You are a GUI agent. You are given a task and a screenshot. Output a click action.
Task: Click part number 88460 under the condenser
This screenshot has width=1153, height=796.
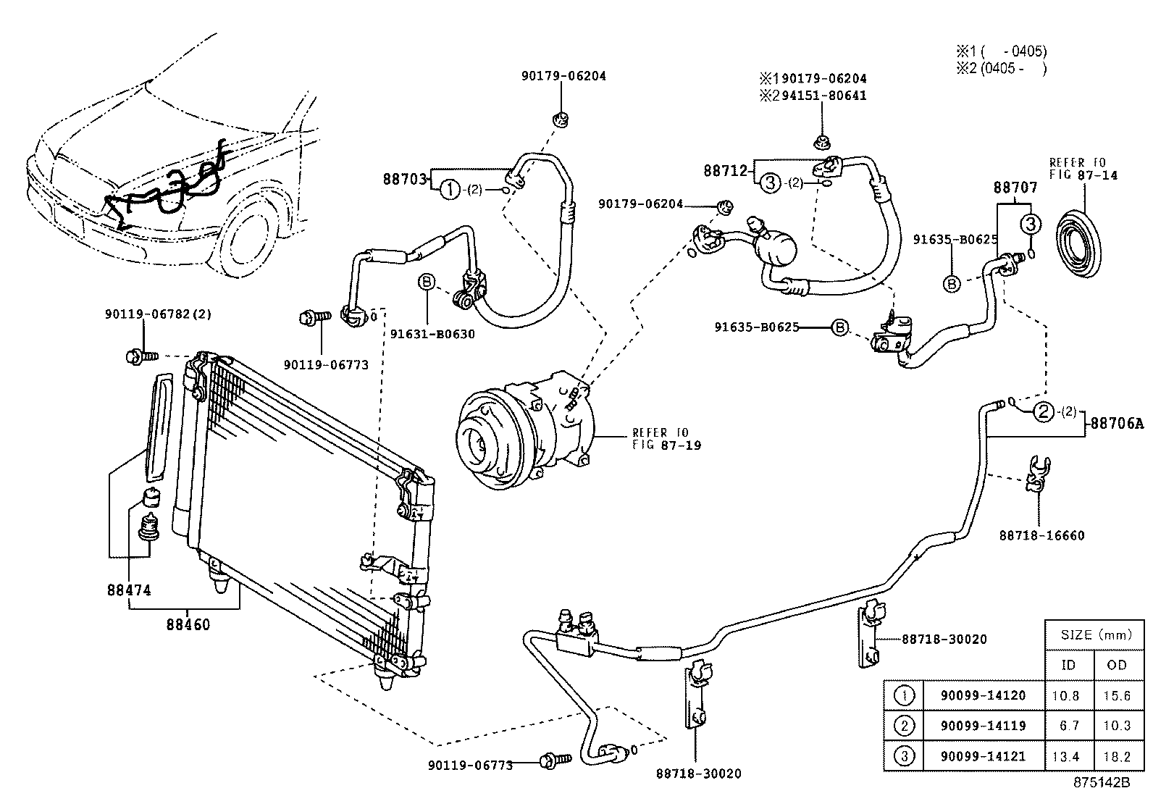point(188,624)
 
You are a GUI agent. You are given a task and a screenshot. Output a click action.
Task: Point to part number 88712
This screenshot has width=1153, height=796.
point(726,170)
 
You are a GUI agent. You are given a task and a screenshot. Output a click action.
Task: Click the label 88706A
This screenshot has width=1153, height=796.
point(1117,424)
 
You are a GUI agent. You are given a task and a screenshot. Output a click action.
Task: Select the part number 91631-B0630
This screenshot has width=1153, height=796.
point(432,335)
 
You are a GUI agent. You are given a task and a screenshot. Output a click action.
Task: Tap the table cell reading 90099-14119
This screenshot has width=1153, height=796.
point(983,726)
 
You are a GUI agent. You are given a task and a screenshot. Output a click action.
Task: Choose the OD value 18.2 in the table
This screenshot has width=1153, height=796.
point(1117,757)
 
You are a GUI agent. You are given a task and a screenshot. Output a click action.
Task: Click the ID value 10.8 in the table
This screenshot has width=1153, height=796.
point(1065,695)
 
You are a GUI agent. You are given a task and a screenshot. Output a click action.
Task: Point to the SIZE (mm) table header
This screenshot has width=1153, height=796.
point(1095,635)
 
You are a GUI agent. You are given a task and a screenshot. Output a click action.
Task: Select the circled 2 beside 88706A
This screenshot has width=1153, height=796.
point(1043,412)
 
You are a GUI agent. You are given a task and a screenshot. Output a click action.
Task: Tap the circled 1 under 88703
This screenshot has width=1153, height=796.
point(450,190)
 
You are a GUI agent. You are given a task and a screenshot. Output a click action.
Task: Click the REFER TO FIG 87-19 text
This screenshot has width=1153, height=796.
point(666,439)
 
